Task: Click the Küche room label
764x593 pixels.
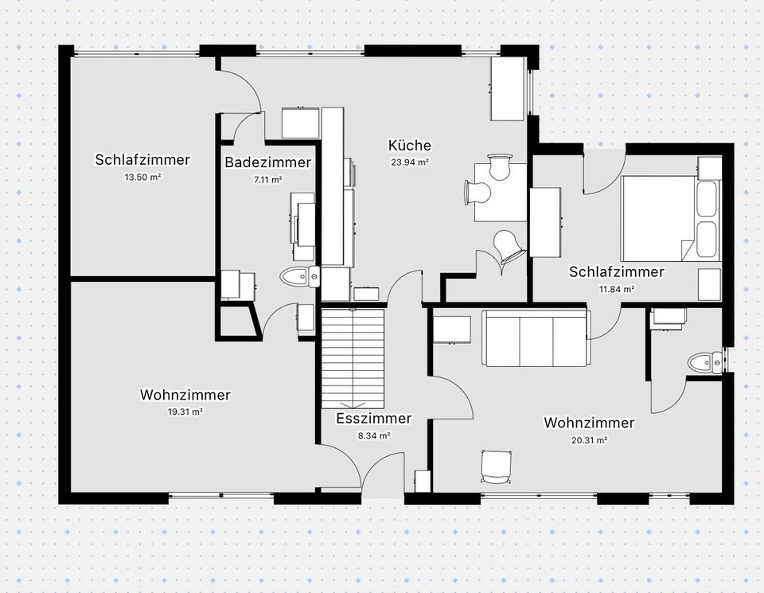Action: click(410, 145)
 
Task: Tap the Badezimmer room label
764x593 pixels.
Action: click(267, 162)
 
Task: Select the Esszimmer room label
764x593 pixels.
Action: click(374, 419)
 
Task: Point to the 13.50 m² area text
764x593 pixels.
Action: click(142, 178)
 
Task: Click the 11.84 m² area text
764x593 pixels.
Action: click(616, 289)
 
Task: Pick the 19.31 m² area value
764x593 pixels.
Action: click(185, 412)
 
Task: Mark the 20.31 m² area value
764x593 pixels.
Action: click(589, 440)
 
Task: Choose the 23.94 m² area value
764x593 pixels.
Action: click(410, 162)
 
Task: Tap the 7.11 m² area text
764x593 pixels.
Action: click(267, 179)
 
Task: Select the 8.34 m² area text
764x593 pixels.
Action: click(374, 435)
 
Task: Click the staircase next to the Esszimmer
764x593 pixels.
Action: click(353, 358)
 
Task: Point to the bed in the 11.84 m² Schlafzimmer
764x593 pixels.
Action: click(670, 219)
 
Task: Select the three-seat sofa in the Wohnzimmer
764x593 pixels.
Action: click(536, 338)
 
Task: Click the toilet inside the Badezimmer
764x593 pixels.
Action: click(300, 277)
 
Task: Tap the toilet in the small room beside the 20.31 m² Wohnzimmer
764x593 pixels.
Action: click(706, 362)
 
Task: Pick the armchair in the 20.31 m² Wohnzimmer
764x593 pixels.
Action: click(497, 466)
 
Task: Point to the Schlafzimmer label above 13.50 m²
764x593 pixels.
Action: click(142, 160)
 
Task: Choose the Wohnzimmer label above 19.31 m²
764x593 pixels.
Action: click(185, 395)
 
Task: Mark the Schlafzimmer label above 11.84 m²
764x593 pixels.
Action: click(616, 272)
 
